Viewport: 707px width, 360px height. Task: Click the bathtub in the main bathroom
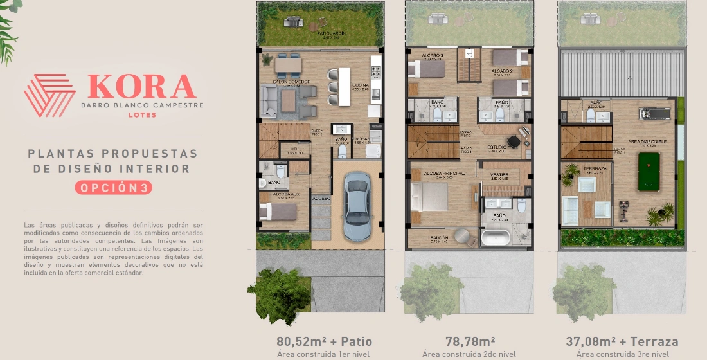(x=496, y=239)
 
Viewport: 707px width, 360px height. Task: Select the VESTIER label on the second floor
(x=499, y=174)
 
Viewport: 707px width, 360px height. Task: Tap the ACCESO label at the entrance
(x=321, y=198)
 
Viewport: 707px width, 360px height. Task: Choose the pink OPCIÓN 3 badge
(x=113, y=188)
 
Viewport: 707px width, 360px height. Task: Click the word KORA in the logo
(x=141, y=87)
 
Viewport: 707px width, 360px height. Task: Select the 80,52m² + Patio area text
(x=324, y=341)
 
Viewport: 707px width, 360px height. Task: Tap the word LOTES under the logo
(x=141, y=115)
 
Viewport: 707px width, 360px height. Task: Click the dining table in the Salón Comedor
(x=288, y=64)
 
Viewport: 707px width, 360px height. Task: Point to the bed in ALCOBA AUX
(x=277, y=211)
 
